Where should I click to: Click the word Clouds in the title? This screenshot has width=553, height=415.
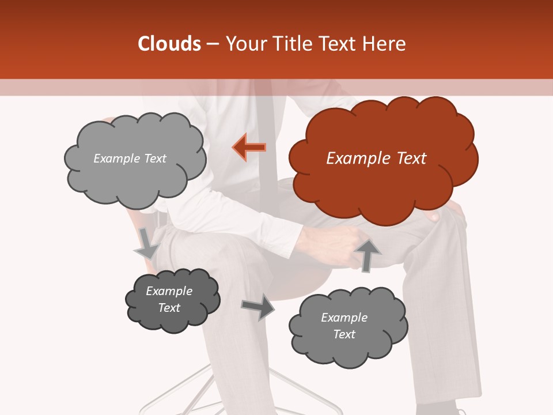(169, 44)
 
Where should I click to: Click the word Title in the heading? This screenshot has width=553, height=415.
(292, 44)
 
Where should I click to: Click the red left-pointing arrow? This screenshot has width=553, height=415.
(249, 148)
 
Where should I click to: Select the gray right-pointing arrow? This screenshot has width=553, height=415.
(258, 307)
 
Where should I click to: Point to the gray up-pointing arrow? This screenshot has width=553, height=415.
(367, 255)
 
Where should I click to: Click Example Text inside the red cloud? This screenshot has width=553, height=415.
(376, 159)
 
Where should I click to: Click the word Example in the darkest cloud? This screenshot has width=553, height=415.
(169, 291)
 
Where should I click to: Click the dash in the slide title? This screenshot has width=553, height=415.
(212, 44)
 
